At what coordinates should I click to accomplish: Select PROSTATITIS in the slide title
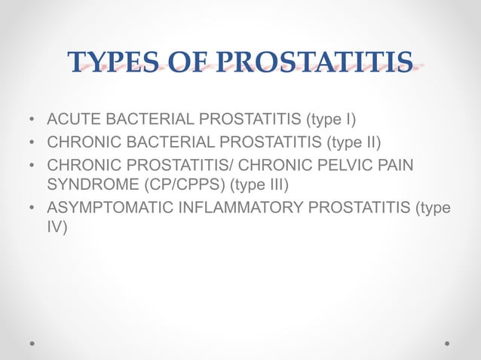pyautogui.click(x=315, y=63)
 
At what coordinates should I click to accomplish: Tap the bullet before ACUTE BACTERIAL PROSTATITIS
pyautogui.click(x=32, y=121)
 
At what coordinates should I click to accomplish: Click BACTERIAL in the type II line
pyautogui.click(x=159, y=142)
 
